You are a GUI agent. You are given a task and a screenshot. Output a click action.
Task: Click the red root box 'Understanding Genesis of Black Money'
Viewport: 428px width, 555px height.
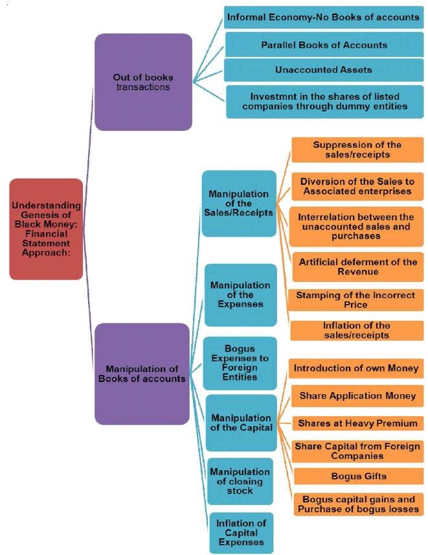point(46,229)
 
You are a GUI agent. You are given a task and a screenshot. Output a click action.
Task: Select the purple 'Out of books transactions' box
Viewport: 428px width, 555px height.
point(143,82)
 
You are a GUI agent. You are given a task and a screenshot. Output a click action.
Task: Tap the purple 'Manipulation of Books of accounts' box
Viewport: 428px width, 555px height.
point(142,373)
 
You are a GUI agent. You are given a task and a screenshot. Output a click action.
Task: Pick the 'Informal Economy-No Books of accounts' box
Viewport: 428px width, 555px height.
point(322,17)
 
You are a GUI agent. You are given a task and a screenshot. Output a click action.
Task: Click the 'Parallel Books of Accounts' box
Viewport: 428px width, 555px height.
point(324,45)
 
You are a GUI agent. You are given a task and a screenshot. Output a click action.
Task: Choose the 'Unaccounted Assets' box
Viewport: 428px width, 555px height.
point(324,70)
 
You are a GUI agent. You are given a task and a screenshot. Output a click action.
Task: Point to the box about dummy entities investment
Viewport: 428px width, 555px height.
point(324,100)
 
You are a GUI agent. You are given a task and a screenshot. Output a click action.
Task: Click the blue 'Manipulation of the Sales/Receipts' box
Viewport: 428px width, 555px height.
point(239,204)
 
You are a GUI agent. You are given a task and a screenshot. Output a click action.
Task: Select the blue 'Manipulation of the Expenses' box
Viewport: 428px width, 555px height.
point(240,294)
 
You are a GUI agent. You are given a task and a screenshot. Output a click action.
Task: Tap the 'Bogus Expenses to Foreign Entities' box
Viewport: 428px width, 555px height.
point(240,362)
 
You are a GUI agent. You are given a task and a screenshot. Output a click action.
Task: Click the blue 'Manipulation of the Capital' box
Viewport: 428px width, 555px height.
point(240,423)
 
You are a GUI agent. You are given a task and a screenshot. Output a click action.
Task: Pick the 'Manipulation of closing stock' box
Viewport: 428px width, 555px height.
point(240,481)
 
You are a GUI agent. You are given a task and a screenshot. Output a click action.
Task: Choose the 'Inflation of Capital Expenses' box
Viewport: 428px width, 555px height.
point(240,532)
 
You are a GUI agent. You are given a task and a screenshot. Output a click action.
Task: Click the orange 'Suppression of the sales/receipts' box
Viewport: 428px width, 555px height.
point(357,150)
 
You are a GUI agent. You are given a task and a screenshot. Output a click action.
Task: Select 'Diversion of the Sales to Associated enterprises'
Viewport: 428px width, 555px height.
point(357,185)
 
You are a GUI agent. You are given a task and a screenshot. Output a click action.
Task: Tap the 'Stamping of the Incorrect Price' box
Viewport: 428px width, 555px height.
point(357,300)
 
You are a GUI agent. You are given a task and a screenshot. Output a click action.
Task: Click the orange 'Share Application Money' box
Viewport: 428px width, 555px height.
point(357,396)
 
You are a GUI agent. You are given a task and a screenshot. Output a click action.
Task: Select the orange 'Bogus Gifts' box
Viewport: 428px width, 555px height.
point(357,476)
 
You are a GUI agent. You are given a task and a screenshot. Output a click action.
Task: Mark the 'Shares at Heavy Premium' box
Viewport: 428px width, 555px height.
point(357,423)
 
